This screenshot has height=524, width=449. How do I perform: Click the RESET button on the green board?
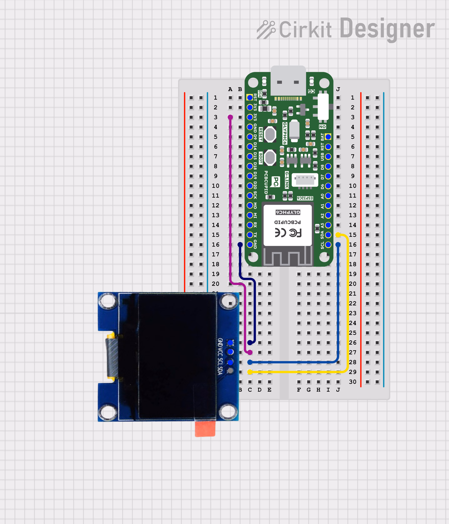coord(270,134)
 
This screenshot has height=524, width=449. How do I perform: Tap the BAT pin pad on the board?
coord(328,137)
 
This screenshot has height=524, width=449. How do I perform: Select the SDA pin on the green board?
coord(328,235)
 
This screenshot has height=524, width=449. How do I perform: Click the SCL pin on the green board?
coord(328,245)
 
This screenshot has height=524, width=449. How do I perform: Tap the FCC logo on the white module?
coord(295,233)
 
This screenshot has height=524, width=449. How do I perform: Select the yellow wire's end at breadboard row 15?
coord(338,235)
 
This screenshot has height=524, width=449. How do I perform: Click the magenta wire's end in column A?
coord(230,117)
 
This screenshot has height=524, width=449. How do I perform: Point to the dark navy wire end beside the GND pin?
coord(240,245)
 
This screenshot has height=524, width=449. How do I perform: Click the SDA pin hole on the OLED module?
coord(230,371)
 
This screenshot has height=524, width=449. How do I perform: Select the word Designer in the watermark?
coord(387,29)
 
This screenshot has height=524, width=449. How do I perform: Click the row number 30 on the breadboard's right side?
coord(352,382)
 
